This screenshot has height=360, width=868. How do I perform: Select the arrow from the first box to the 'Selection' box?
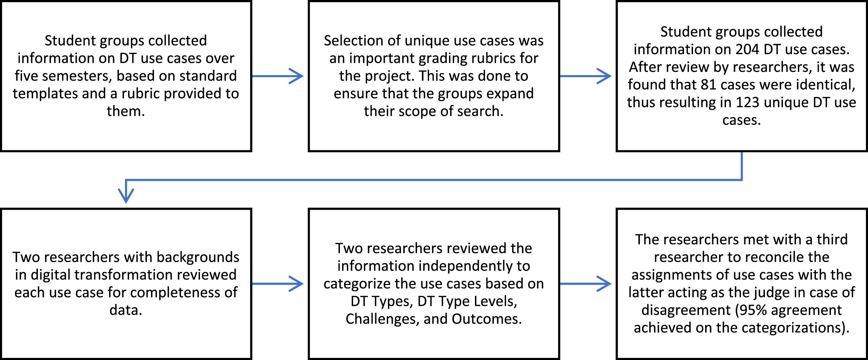point(278,76)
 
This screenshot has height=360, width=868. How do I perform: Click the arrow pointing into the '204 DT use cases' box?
point(586,76)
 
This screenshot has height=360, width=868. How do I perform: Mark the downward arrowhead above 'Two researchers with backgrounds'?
point(126,195)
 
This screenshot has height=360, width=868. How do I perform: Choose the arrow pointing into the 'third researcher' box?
point(586,284)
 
